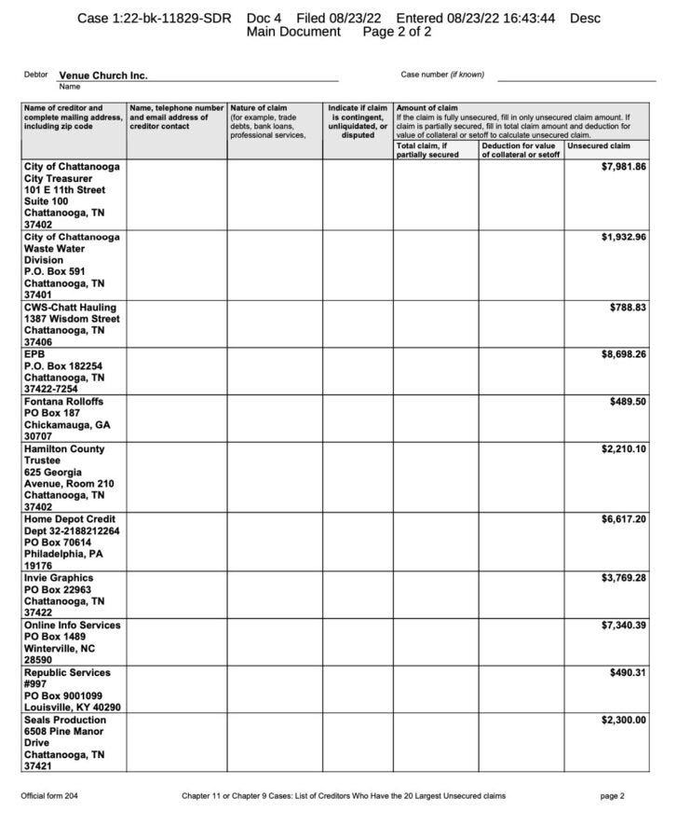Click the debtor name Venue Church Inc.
[x=102, y=76]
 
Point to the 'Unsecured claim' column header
[x=599, y=146]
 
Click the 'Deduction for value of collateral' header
[x=520, y=150]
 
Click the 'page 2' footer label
[x=612, y=796]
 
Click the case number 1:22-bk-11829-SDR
[x=154, y=19]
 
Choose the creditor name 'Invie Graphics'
[x=59, y=578]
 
